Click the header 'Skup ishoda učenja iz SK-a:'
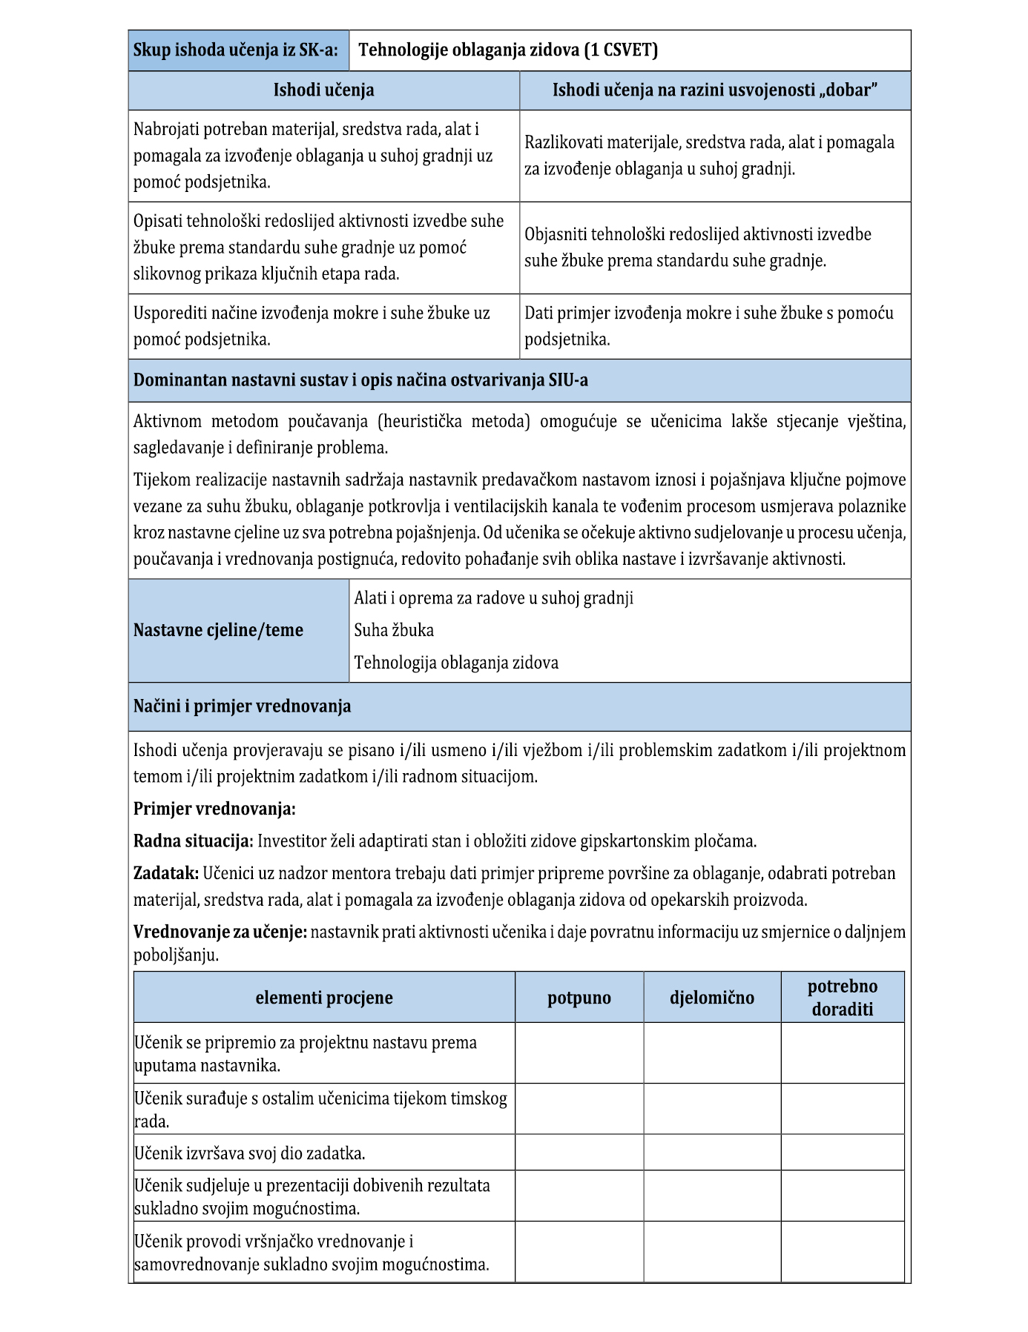pyautogui.click(x=236, y=50)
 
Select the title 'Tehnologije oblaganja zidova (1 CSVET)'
pyautogui.click(x=508, y=50)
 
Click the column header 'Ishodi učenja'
pyautogui.click(x=323, y=90)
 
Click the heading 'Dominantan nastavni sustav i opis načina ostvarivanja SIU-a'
pyautogui.click(x=360, y=380)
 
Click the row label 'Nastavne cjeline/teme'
pyautogui.click(x=218, y=630)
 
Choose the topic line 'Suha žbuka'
pyautogui.click(x=394, y=630)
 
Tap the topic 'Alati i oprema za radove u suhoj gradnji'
pyautogui.click(x=493, y=598)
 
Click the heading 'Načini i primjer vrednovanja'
pyautogui.click(x=242, y=706)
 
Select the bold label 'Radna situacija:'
pyautogui.click(x=193, y=841)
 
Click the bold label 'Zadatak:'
pyautogui.click(x=165, y=873)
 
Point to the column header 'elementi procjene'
pyautogui.click(x=324, y=998)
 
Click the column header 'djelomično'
pyautogui.click(x=711, y=998)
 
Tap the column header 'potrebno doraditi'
pyautogui.click(x=842, y=998)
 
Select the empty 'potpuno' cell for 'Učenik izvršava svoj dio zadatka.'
pyautogui.click(x=579, y=1153)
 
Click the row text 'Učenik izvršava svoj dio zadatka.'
pyautogui.click(x=249, y=1153)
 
